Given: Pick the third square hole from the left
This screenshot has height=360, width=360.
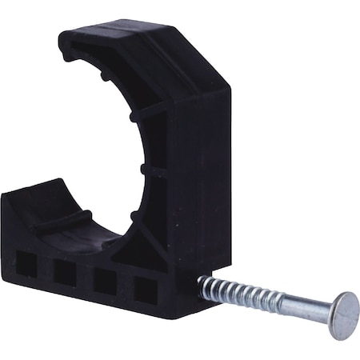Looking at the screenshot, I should tap(105, 282).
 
